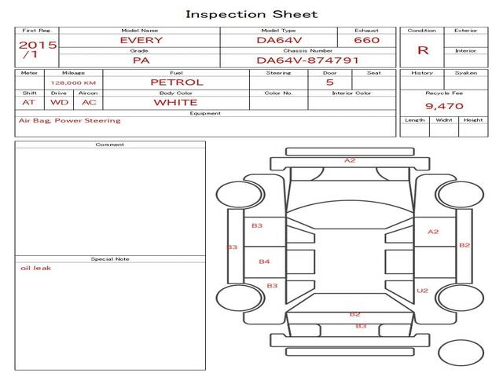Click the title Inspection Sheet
click(251, 14)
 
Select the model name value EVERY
click(141, 40)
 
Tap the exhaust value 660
click(367, 40)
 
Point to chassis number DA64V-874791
click(307, 60)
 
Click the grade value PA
click(141, 60)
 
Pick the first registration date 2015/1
click(38, 49)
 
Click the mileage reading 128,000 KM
click(73, 83)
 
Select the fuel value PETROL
click(177, 82)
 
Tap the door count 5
click(330, 82)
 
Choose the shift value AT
click(28, 103)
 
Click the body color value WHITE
click(175, 103)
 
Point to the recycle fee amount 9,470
click(444, 106)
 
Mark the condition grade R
click(423, 50)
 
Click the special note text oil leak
click(35, 268)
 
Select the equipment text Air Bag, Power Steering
click(70, 121)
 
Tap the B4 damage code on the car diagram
click(264, 262)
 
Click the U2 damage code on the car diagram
click(422, 291)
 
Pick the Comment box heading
click(110, 145)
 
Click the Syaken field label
click(466, 73)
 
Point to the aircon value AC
click(89, 103)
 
